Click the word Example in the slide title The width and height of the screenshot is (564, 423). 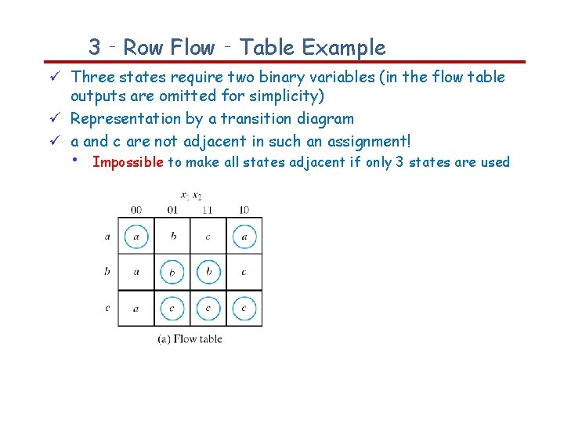344,48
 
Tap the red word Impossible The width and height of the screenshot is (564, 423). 128,162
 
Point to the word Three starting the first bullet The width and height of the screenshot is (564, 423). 91,77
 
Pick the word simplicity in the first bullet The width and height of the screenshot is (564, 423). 285,96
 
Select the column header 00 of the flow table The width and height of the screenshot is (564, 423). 136,209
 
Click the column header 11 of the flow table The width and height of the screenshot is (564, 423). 208,209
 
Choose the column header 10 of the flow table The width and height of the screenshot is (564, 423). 244,209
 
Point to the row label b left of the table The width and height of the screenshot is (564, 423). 107,272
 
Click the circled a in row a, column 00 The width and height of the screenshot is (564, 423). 136,236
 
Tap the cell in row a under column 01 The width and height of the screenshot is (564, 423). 172,236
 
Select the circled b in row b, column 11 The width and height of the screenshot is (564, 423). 208,272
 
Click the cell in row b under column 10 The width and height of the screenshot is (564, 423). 244,272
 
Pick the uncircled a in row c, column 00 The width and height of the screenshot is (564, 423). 136,308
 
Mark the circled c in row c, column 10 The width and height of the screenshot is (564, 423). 244,308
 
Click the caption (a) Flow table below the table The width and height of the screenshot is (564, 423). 190,339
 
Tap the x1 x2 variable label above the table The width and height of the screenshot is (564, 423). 190,195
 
